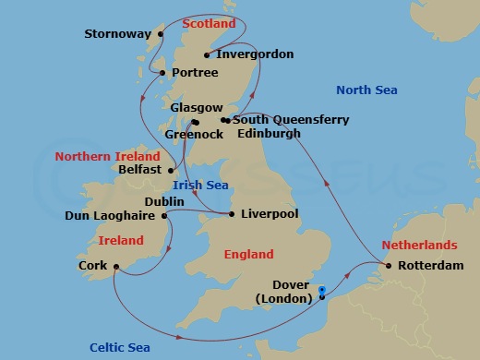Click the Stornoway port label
pyautogui.click(x=118, y=34)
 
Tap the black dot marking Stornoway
pyautogui.click(x=161, y=34)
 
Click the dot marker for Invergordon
pyautogui.click(x=207, y=54)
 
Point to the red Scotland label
pyautogui.click(x=210, y=23)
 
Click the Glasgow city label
pyautogui.click(x=197, y=108)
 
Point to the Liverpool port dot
pyautogui.click(x=231, y=214)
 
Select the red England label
pyautogui.click(x=248, y=254)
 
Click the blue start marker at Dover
pyautogui.click(x=321, y=290)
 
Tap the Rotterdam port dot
pyautogui.click(x=389, y=267)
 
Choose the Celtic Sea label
pyautogui.click(x=121, y=347)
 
